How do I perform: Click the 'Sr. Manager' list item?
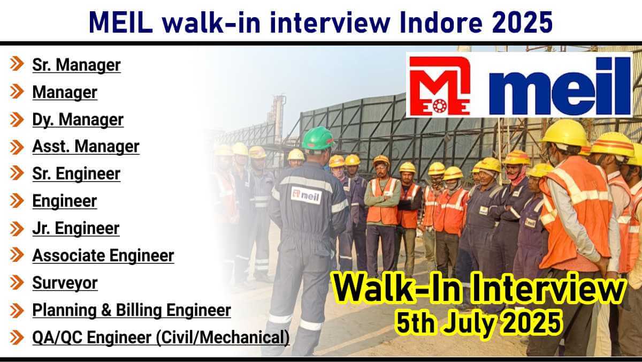[x=76, y=65]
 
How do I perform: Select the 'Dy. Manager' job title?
[x=78, y=119]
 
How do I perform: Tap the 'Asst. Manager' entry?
[x=86, y=147]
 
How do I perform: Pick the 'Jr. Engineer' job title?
[x=75, y=229]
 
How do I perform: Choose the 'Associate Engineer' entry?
[x=103, y=255]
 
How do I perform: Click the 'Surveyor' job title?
[x=65, y=283]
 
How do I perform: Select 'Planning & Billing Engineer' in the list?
[x=132, y=310]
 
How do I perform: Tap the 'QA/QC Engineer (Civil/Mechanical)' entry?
[x=161, y=337]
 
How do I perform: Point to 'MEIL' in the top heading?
[x=121, y=22]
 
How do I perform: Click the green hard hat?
[x=318, y=138]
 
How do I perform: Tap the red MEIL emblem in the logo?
[x=440, y=86]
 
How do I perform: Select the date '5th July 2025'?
[x=478, y=323]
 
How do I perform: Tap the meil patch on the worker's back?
[x=306, y=195]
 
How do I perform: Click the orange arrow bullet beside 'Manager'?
[x=17, y=92]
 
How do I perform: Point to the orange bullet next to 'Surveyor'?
[x=17, y=283]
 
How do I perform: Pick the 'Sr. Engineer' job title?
[x=76, y=174]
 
